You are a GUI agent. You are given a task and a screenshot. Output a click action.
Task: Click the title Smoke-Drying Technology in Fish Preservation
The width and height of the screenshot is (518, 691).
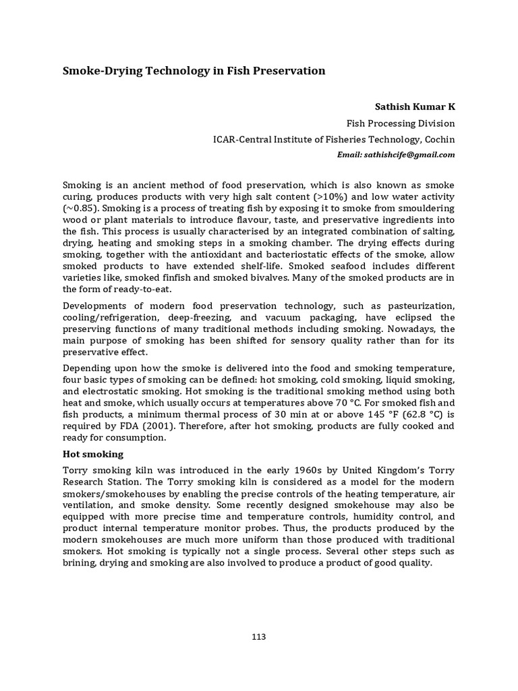[194, 71]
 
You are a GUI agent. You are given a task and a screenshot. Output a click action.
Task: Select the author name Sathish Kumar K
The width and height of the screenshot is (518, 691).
[414, 107]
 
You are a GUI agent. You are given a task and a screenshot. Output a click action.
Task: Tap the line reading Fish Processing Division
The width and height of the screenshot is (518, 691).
[401, 123]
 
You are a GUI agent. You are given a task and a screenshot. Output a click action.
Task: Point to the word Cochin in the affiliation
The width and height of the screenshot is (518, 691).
[440, 140]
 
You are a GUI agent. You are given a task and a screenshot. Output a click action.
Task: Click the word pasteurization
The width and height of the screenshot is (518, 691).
[417, 306]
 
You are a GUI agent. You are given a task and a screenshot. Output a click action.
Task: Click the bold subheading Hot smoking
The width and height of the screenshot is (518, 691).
[93, 454]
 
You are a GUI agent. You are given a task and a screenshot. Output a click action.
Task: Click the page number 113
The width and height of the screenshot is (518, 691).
[258, 637]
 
